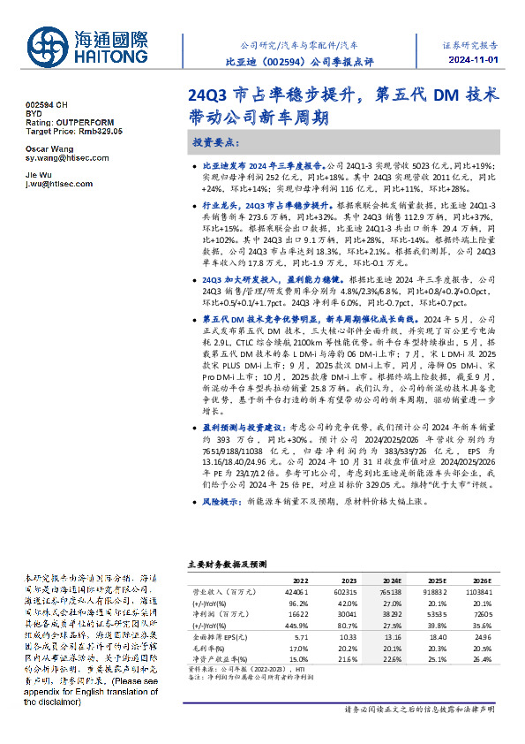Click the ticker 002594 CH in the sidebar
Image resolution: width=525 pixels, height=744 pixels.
click(x=46, y=105)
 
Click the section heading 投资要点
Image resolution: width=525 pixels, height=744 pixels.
click(x=216, y=141)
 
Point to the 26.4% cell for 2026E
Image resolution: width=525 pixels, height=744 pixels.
click(x=482, y=658)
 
